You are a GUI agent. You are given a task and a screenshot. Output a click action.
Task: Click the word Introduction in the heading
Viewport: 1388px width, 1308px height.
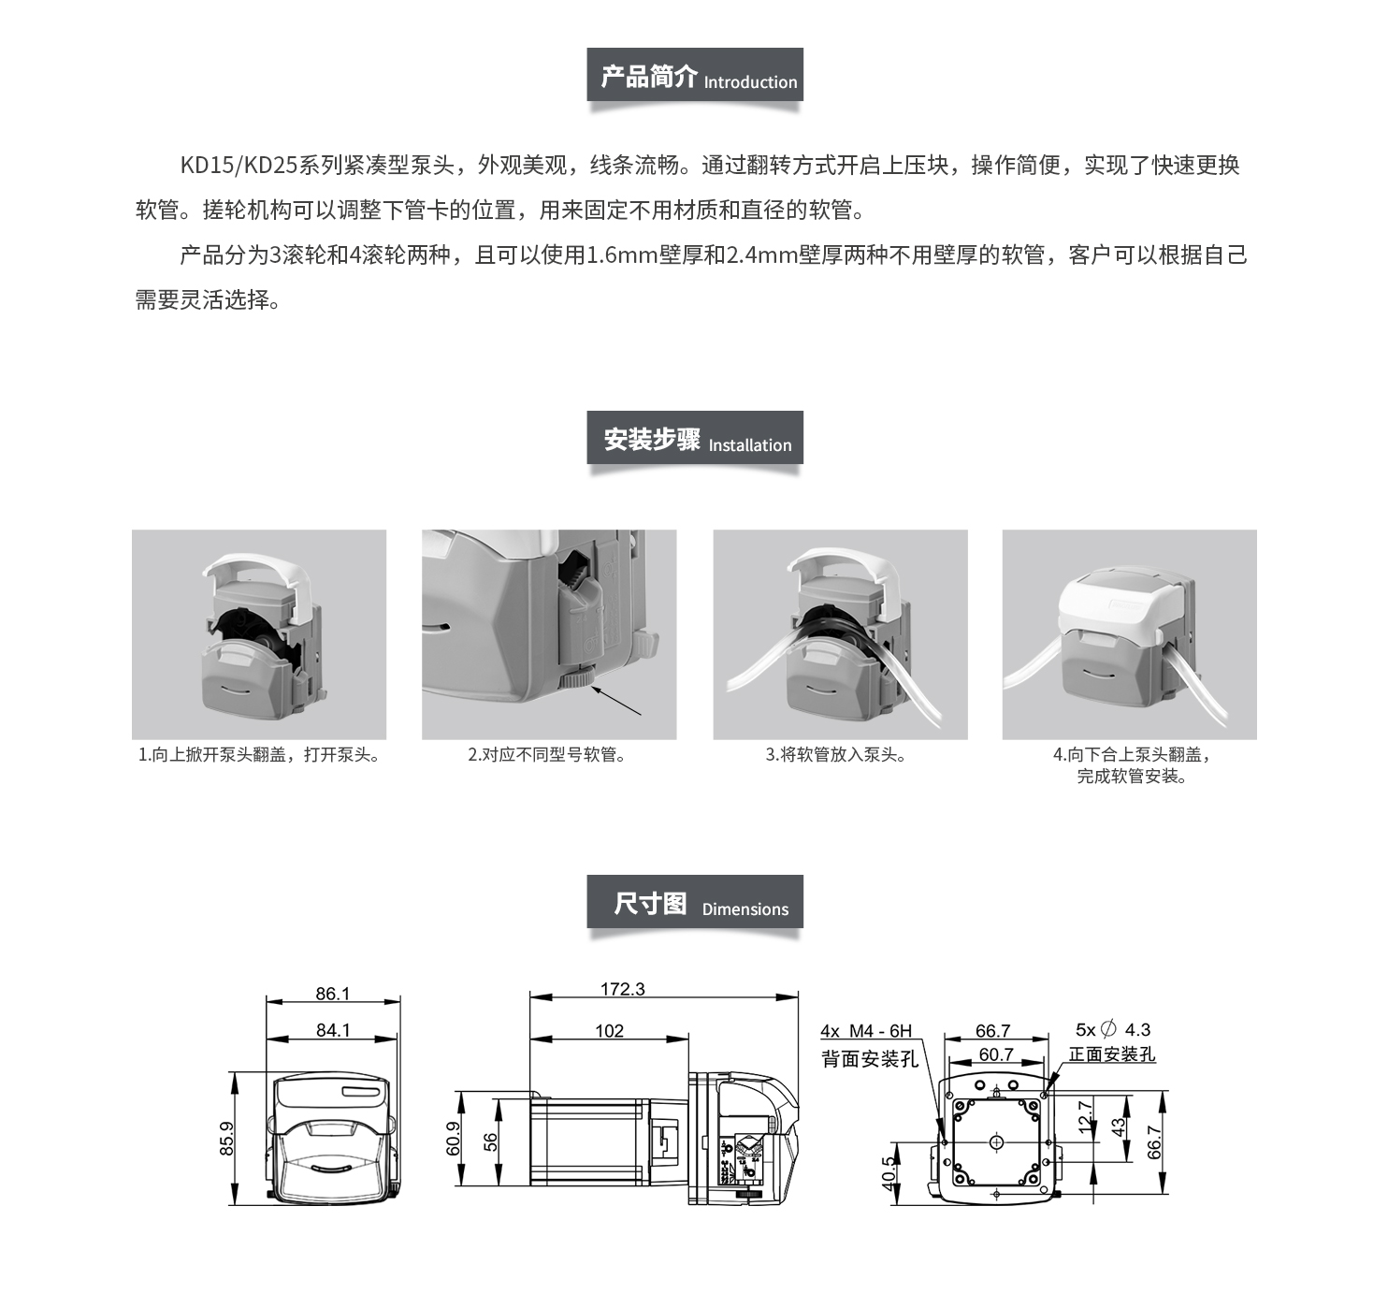pyautogui.click(x=750, y=82)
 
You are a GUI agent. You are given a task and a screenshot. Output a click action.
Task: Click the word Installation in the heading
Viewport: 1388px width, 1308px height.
pyautogui.click(x=750, y=445)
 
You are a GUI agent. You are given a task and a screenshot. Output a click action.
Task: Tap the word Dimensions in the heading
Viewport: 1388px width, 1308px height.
pyautogui.click(x=745, y=909)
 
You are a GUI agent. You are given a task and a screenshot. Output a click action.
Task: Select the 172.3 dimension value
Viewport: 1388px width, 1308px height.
pyautogui.click(x=622, y=989)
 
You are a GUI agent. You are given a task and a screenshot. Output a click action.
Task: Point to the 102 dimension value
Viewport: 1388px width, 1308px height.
pyautogui.click(x=609, y=1031)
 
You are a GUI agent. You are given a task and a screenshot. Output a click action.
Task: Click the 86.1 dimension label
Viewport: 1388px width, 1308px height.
pyautogui.click(x=332, y=994)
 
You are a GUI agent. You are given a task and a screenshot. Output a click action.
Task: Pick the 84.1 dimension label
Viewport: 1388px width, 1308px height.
pyautogui.click(x=333, y=1029)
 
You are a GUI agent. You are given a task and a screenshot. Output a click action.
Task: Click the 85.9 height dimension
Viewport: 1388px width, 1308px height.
pyautogui.click(x=226, y=1138)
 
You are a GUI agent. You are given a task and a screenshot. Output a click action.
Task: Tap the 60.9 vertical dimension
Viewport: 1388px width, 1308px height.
pyautogui.click(x=453, y=1139)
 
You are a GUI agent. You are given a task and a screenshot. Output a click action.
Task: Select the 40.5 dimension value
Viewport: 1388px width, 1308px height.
pyautogui.click(x=888, y=1173)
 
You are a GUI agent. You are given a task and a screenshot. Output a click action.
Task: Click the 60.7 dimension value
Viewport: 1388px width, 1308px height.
pyautogui.click(x=996, y=1054)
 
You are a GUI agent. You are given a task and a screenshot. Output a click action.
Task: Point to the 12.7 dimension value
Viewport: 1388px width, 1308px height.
pyautogui.click(x=1084, y=1117)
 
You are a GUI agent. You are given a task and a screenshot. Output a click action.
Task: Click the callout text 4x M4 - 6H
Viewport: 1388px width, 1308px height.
pyautogui.click(x=866, y=1031)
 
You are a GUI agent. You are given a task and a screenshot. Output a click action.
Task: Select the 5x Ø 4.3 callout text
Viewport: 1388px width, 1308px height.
pyautogui.click(x=1113, y=1029)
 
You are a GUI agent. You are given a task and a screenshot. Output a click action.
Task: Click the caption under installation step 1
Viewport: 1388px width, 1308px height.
pyautogui.click(x=258, y=755)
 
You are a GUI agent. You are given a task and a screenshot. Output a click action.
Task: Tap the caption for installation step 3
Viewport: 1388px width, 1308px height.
pyautogui.click(x=836, y=755)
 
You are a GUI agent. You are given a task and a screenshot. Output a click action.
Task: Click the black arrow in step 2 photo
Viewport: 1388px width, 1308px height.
pyautogui.click(x=616, y=701)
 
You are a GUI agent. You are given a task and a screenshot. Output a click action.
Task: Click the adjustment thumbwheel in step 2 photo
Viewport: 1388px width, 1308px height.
pyautogui.click(x=577, y=677)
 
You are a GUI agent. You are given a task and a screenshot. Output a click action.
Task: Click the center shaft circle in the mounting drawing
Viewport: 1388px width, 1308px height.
pyautogui.click(x=996, y=1143)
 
